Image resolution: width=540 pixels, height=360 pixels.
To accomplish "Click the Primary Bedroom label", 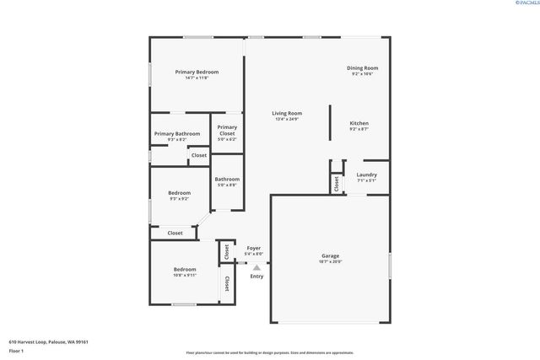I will [197, 73].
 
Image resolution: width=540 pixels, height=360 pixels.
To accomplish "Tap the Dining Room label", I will [362, 68].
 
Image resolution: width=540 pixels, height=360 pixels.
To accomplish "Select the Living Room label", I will [287, 114].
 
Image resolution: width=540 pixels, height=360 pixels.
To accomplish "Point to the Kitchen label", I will [359, 124].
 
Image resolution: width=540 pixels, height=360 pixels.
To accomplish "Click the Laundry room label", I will [366, 175].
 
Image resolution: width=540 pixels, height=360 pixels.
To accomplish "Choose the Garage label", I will [330, 255].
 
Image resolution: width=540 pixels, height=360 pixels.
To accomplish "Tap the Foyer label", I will [253, 248].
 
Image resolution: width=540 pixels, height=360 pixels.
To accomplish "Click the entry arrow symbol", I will [256, 267].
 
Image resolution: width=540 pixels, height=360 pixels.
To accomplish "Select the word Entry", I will [256, 277].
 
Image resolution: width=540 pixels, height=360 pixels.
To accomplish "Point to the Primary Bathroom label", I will [177, 133].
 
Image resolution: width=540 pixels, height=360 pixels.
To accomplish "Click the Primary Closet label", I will [227, 130].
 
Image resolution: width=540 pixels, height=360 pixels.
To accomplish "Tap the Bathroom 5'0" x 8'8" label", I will [227, 179].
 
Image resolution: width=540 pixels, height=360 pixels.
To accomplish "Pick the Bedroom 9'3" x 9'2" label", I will [179, 192].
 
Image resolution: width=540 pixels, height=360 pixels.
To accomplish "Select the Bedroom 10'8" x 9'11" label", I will [184, 269].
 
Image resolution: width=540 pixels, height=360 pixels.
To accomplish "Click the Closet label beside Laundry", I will [336, 182].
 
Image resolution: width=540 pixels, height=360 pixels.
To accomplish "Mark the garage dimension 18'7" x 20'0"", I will [330, 261].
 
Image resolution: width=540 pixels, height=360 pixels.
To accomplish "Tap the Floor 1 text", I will [17, 351].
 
